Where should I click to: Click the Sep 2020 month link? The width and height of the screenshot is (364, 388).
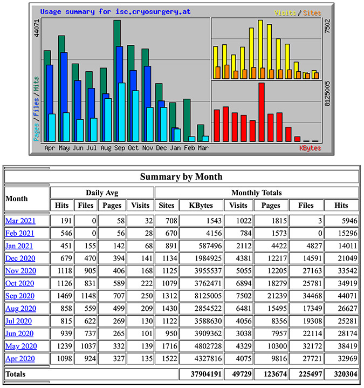pyautogui.click(x=20, y=296)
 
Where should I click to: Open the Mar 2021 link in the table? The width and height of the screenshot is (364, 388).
pyautogui.click(x=20, y=220)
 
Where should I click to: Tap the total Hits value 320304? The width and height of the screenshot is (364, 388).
pyautogui.click(x=345, y=373)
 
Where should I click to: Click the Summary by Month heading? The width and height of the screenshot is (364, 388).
pyautogui.click(x=181, y=176)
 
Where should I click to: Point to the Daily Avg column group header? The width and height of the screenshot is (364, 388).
pyautogui.click(x=102, y=193)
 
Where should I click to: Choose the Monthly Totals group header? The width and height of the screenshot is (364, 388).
pyautogui.click(x=256, y=193)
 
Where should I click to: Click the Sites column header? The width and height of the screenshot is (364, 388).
pyautogui.click(x=167, y=205)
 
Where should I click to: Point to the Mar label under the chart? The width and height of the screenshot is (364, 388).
pyautogui.click(x=203, y=148)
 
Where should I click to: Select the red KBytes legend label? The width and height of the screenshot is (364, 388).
pyautogui.click(x=310, y=148)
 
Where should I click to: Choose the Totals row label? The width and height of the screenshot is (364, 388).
pyautogui.click(x=16, y=373)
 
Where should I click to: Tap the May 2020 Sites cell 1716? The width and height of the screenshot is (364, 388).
pyautogui.click(x=167, y=346)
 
